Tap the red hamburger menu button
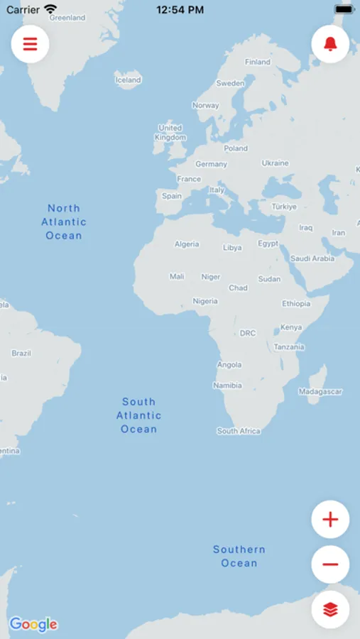coord(30,44)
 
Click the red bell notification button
coord(330,44)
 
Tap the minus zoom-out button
coord(330,564)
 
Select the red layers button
coord(330,609)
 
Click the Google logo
coord(33,625)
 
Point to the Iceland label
coord(128,80)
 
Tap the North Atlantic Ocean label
coord(64,222)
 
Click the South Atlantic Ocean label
coord(139,415)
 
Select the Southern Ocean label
coord(239,556)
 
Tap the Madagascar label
coord(320,391)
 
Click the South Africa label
coord(239,431)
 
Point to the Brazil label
coord(21,353)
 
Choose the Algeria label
coord(187,244)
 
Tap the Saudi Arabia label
coord(312,258)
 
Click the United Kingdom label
coord(170,133)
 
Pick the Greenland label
coord(67,18)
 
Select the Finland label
coord(258,62)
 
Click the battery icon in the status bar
coord(344,10)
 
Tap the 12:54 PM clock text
coord(180,10)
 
